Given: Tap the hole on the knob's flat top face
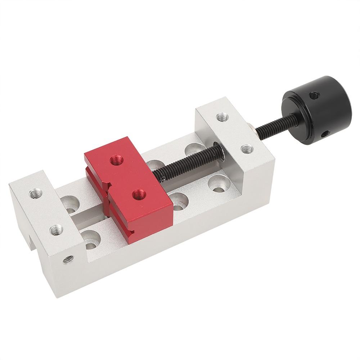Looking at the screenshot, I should pyautogui.click(x=314, y=95).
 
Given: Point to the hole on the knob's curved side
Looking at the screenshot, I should pyautogui.click(x=325, y=134).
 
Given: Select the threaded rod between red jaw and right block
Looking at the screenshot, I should pyautogui.click(x=187, y=161).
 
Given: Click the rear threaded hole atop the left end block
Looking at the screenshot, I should pyautogui.click(x=36, y=194).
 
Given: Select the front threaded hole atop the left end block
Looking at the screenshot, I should pyautogui.click(x=56, y=229).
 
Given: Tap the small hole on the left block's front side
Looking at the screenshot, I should pyautogui.click(x=68, y=259).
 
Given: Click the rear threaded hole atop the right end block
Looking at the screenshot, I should pyautogui.click(x=222, y=117).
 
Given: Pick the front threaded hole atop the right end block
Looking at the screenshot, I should pyautogui.click(x=247, y=149).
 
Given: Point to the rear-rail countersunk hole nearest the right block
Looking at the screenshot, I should pyautogui.click(x=194, y=149).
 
